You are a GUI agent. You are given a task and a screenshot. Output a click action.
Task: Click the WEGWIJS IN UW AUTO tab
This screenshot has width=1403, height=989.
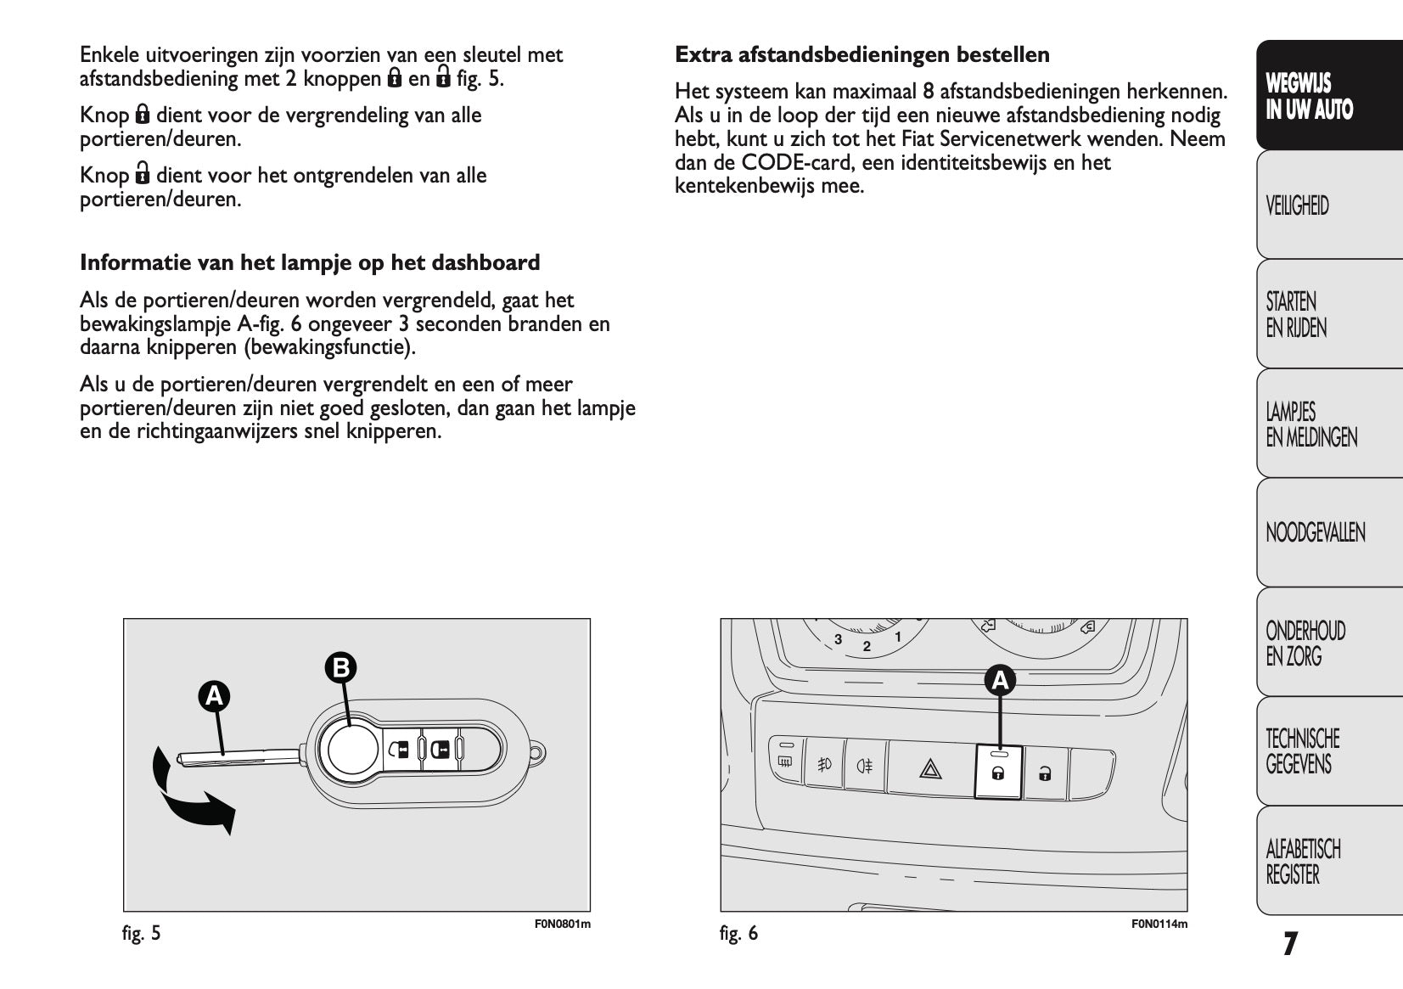[x=1310, y=96]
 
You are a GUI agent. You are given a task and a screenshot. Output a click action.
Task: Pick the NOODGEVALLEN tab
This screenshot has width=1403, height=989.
[x=1315, y=533]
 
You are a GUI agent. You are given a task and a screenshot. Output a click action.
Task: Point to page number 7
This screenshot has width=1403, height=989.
[x=1290, y=944]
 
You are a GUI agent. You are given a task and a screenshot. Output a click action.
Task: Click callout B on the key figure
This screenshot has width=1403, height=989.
[x=341, y=668]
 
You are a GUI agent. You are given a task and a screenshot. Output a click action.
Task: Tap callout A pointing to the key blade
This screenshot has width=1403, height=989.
[x=215, y=696]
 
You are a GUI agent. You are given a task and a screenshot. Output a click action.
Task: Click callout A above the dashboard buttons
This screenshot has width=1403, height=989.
[x=1000, y=680]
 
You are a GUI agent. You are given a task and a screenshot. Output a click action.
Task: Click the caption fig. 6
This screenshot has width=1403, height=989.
[x=738, y=934]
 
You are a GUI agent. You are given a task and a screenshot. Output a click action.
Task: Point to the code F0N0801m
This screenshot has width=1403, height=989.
[x=563, y=924]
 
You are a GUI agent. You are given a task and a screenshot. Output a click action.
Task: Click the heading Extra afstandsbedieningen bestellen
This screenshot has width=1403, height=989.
[x=861, y=55]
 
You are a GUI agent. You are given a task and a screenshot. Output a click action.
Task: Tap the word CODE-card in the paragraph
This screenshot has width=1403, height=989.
[x=799, y=162]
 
